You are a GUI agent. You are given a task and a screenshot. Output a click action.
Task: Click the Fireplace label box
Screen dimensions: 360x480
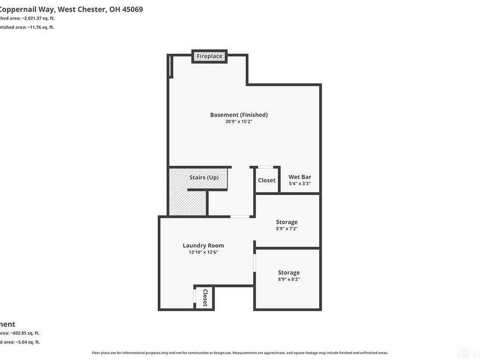pyautogui.click(x=210, y=56)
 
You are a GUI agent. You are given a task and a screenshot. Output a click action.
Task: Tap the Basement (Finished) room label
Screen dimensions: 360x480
pyautogui.click(x=239, y=115)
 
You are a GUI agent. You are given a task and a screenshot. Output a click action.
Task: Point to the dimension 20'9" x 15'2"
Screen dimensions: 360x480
pyautogui.click(x=239, y=122)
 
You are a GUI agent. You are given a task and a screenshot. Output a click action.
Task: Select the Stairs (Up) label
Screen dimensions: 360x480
pyautogui.click(x=204, y=178)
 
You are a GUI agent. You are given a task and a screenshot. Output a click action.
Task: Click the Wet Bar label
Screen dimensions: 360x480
pyautogui.click(x=299, y=178)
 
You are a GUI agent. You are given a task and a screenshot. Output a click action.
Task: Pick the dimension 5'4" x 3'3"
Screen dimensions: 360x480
pyautogui.click(x=299, y=184)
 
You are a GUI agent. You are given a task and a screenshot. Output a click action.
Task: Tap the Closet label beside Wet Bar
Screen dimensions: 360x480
pyautogui.click(x=266, y=180)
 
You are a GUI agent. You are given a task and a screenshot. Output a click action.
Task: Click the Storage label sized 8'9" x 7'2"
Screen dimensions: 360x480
pyautogui.click(x=287, y=222)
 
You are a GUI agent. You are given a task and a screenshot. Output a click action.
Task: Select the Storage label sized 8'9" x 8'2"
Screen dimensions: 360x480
pyautogui.click(x=289, y=272)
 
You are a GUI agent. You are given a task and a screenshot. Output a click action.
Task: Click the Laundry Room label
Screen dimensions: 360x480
pyautogui.click(x=203, y=245)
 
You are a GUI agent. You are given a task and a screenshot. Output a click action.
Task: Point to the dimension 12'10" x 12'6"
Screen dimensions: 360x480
pyautogui.click(x=203, y=252)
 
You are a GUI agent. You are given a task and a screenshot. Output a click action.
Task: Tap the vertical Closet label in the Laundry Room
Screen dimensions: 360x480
pyautogui.click(x=205, y=298)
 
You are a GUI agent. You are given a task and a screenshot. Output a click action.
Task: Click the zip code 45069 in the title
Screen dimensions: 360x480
pyautogui.click(x=131, y=10)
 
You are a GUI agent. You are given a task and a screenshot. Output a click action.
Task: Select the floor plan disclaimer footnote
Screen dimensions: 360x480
pyautogui.click(x=240, y=353)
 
